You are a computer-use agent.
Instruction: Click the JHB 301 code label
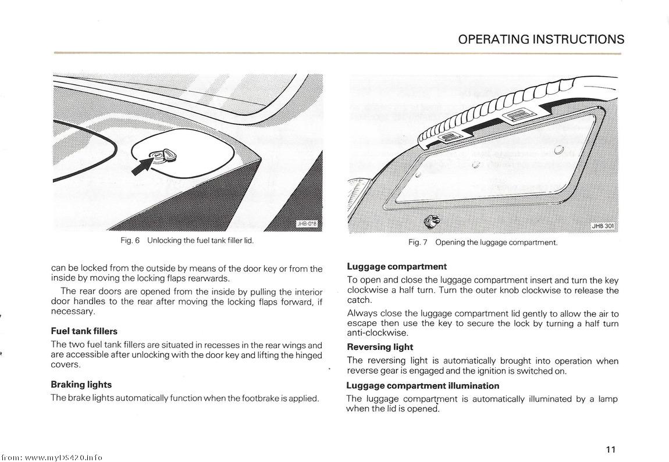603,226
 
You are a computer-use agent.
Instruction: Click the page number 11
610,449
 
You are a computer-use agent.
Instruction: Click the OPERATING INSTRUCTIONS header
541,40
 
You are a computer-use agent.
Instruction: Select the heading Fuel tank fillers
84,331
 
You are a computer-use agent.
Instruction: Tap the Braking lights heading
81,385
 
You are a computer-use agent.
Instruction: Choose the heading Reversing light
380,347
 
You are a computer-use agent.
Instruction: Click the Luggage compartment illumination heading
422,385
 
